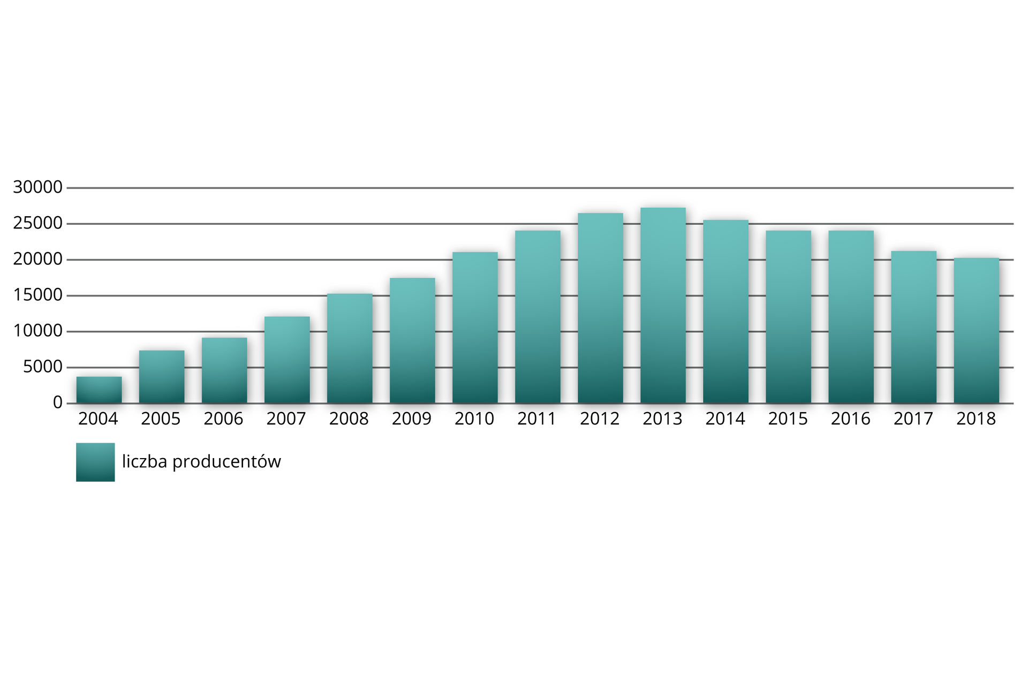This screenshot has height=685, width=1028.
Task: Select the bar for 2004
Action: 99,390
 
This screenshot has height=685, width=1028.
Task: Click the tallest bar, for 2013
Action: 663,306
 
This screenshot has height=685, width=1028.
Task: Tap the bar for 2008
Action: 350,348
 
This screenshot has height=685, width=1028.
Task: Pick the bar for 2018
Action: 976,331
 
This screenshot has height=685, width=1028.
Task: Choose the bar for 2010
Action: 475,328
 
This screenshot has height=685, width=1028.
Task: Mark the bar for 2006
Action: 224,370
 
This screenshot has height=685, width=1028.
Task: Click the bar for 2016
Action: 851,317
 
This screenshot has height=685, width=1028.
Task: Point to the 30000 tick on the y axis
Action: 38,187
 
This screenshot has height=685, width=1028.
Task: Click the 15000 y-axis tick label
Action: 38,295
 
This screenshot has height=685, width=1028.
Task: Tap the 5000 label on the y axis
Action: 43,367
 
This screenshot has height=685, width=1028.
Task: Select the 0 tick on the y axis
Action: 58,403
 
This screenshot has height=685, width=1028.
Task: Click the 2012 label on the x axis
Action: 600,419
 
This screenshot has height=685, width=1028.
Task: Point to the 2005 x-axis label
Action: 161,419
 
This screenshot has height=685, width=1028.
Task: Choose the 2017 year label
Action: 913,419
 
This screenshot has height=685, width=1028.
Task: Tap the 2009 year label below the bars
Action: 412,419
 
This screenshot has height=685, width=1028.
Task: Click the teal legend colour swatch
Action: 95,462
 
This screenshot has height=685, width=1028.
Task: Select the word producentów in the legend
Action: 227,462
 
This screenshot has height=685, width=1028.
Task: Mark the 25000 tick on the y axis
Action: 38,224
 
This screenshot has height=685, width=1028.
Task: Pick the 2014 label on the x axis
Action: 725,419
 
